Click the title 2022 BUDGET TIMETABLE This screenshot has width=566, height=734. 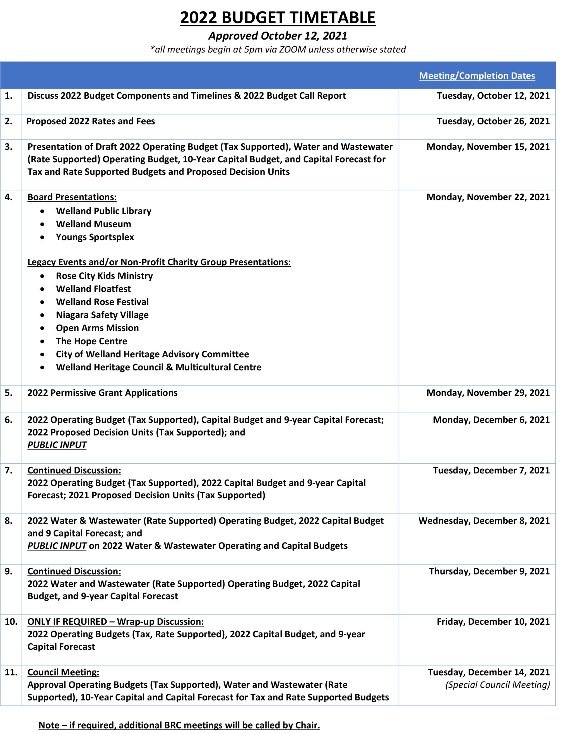(x=278, y=17)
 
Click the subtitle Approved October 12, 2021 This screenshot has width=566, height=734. (x=278, y=36)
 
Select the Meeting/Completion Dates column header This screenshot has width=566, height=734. (x=477, y=76)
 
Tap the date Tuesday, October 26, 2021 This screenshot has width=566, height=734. (x=493, y=121)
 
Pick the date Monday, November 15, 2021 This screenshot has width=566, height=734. (x=488, y=147)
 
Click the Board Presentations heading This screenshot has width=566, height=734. (x=72, y=197)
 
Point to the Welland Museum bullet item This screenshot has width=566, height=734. (x=93, y=224)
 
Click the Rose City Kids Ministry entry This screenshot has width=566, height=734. (x=104, y=276)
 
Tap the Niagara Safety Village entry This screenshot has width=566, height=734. (x=102, y=315)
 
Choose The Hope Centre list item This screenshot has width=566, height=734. (x=91, y=341)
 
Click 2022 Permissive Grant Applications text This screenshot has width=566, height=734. (x=103, y=393)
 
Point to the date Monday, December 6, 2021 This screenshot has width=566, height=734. (x=491, y=419)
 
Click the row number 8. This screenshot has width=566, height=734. (x=9, y=521)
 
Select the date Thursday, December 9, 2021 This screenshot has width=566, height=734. (x=489, y=571)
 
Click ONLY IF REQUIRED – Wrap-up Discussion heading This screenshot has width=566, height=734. (x=116, y=621)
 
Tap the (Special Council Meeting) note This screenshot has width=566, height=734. (x=497, y=685)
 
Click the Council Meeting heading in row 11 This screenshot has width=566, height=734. (x=63, y=672)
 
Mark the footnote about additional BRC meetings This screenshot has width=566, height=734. (x=179, y=725)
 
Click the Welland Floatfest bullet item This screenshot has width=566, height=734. (x=93, y=289)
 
